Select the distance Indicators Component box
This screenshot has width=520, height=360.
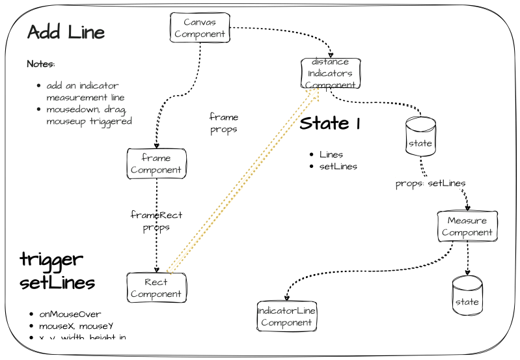(330, 74)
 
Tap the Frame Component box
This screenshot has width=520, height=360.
(156, 164)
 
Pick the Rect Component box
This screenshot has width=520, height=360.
(156, 288)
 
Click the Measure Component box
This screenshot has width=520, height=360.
(467, 227)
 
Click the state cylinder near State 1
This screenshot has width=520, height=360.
(420, 137)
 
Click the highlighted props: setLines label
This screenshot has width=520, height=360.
(431, 184)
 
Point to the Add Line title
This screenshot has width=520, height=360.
(66, 32)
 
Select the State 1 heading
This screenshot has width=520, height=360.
(330, 124)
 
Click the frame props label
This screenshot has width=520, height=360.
(223, 123)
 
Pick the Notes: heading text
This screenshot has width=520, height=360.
(40, 64)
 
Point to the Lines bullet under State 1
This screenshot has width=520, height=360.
(331, 155)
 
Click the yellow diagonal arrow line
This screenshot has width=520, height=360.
(241, 183)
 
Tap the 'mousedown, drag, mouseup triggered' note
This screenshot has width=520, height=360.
(85, 115)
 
